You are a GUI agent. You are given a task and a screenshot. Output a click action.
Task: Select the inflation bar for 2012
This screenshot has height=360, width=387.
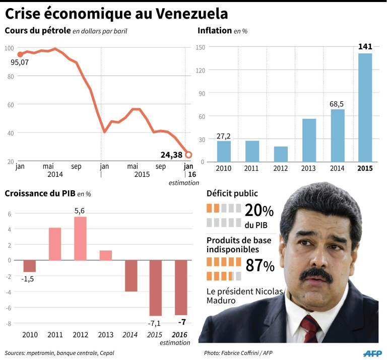coord(281,154)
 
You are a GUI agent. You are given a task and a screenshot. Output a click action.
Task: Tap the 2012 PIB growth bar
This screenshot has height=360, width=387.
coord(80,239)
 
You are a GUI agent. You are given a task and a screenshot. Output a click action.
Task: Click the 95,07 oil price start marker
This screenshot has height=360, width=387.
coord(20,54)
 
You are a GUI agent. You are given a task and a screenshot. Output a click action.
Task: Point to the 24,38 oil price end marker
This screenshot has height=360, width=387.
coord(188,154)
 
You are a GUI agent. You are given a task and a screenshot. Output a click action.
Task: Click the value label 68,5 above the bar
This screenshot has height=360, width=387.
coord(337,104)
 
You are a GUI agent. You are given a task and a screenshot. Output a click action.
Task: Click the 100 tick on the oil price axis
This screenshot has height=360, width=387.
coord(9,48)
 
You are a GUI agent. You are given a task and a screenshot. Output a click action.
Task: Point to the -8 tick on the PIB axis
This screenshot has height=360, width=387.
coord(8,323)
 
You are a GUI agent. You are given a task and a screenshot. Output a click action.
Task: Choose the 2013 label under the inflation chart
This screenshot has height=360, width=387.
coord(309,168)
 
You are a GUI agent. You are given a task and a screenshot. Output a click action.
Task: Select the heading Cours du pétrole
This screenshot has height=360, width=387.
coord(37,31)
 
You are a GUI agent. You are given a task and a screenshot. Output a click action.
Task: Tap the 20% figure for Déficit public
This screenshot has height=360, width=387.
coord(259,210)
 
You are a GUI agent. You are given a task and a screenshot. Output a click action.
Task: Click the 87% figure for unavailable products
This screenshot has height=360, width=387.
coord(260,265)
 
